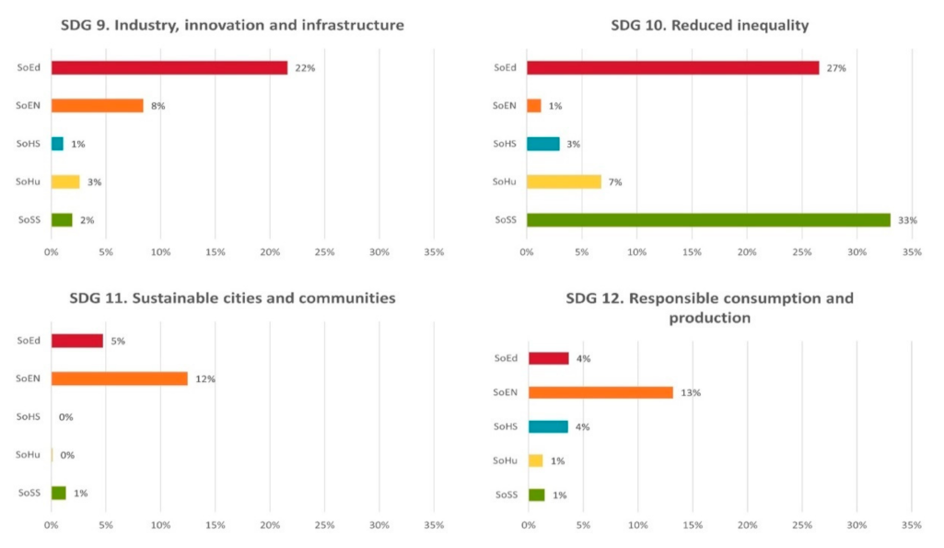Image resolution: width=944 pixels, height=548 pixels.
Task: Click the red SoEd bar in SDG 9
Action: (169, 67)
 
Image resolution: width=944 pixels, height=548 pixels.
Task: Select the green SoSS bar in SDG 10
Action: (708, 220)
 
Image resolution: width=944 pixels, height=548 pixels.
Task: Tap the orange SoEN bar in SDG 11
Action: (120, 379)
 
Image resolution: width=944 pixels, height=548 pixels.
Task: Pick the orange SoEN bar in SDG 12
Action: (600, 392)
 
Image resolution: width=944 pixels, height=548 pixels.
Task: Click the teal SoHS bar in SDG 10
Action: (542, 144)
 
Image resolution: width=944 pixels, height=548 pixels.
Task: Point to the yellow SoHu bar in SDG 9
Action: (65, 181)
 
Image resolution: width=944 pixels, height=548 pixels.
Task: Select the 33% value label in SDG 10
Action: (907, 220)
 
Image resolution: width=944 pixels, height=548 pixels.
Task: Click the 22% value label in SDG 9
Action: (305, 68)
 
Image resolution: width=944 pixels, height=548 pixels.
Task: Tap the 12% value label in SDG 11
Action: (204, 379)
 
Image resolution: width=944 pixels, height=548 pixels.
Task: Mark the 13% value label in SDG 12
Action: (691, 393)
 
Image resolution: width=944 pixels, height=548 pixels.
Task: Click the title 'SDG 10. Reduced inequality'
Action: (709, 25)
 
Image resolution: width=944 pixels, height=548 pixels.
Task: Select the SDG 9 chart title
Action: (232, 25)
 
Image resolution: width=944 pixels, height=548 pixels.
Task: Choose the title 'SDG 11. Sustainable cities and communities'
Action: (232, 297)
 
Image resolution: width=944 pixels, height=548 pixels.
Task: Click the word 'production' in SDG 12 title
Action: (709, 318)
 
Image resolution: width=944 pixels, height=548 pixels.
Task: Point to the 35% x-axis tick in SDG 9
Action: (433, 251)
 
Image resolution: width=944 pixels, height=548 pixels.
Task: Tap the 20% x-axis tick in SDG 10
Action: (747, 251)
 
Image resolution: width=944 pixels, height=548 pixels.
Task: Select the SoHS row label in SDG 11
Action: (29, 417)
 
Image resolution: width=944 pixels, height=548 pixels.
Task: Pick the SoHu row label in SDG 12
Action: (505, 461)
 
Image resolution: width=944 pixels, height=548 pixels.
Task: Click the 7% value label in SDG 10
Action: (615, 182)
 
